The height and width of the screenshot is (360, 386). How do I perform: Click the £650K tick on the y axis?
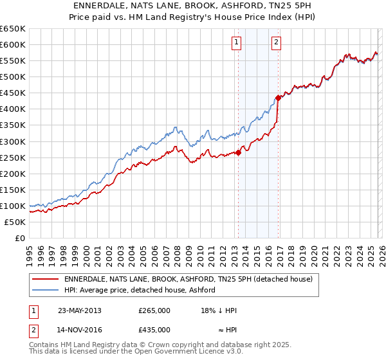[x=13, y=29]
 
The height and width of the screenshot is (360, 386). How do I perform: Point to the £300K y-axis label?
[x=13, y=141]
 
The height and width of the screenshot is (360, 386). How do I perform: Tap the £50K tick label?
[x=15, y=222]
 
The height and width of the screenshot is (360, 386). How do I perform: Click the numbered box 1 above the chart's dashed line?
[x=237, y=43]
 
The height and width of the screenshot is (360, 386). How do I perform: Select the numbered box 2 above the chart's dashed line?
[x=276, y=43]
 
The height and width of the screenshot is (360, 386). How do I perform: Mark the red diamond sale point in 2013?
[x=238, y=152]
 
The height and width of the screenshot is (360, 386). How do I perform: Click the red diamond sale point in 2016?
[x=278, y=98]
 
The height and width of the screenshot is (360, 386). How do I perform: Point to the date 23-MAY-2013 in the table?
[x=80, y=310]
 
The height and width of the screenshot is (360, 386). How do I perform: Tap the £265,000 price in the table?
[x=154, y=310]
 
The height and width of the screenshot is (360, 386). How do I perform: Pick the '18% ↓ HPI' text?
[x=218, y=310]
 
